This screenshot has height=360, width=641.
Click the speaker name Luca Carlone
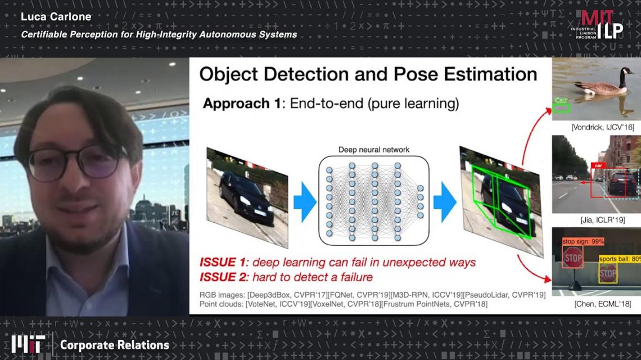click(56, 17)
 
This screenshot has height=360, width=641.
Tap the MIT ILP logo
click(597, 25)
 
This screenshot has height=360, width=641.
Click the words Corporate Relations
click(115, 345)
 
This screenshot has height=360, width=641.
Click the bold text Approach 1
click(242, 103)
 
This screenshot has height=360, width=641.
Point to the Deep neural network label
click(374, 150)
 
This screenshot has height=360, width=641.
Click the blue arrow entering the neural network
click(305, 202)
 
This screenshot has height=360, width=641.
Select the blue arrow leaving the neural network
click(445, 202)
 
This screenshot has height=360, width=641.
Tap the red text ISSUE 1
click(224, 262)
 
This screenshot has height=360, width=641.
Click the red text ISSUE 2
click(224, 277)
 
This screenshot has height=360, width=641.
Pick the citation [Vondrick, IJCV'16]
click(603, 127)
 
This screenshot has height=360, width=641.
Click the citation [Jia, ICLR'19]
click(603, 220)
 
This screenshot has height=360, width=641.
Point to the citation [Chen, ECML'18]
click(603, 304)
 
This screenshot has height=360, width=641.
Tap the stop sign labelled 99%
click(573, 258)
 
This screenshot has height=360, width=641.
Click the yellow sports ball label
click(620, 259)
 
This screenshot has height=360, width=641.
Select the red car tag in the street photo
click(598, 165)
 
